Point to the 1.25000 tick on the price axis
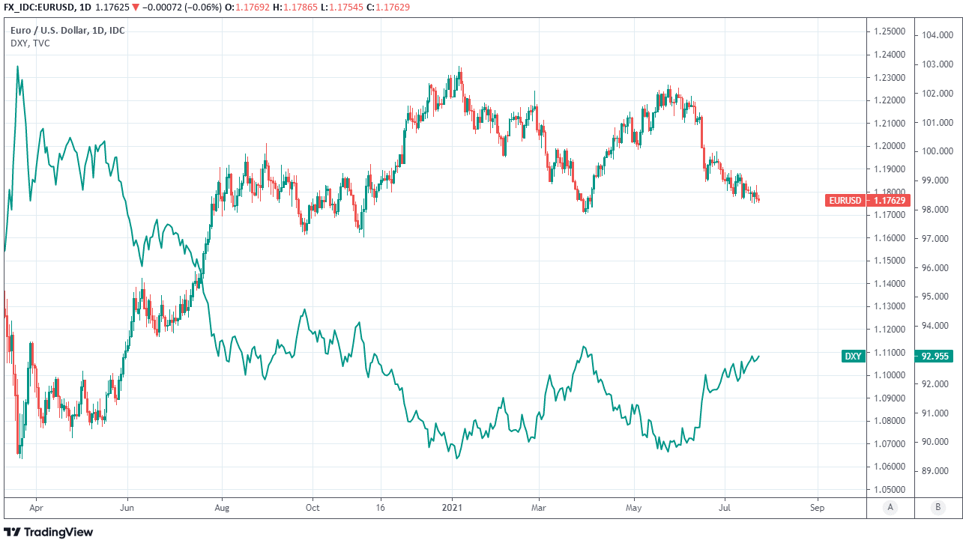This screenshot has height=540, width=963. click(x=887, y=31)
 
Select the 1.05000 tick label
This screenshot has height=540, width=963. click(x=887, y=489)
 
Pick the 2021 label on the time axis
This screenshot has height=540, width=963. click(x=452, y=507)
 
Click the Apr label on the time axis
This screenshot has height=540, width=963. click(x=34, y=507)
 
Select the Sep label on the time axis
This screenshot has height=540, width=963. click(x=817, y=507)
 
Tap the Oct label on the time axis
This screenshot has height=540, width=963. click(x=313, y=507)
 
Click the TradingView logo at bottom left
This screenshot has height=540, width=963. click(x=49, y=532)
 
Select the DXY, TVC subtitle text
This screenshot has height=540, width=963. click(x=30, y=43)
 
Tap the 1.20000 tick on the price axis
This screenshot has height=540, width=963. click(x=887, y=146)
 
